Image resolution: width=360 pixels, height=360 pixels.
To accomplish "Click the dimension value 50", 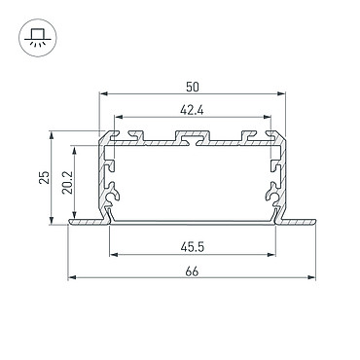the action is [193, 87].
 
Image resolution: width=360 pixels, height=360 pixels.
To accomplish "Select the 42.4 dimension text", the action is [192, 111].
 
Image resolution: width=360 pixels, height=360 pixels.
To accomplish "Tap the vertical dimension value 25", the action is [45, 177].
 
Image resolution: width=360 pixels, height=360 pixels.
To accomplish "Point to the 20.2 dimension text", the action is [68, 183].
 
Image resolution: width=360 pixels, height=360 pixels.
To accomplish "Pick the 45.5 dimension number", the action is [193, 248].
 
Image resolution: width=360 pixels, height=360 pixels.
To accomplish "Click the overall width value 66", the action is [192, 271].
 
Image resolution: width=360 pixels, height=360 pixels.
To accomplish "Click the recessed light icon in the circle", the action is [38, 38].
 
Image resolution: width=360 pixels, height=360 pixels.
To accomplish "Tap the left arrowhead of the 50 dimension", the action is [104, 94].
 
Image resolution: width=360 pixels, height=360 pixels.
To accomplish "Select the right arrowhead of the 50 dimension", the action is [281, 94].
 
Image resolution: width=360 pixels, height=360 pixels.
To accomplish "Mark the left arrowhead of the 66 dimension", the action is [72, 277].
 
